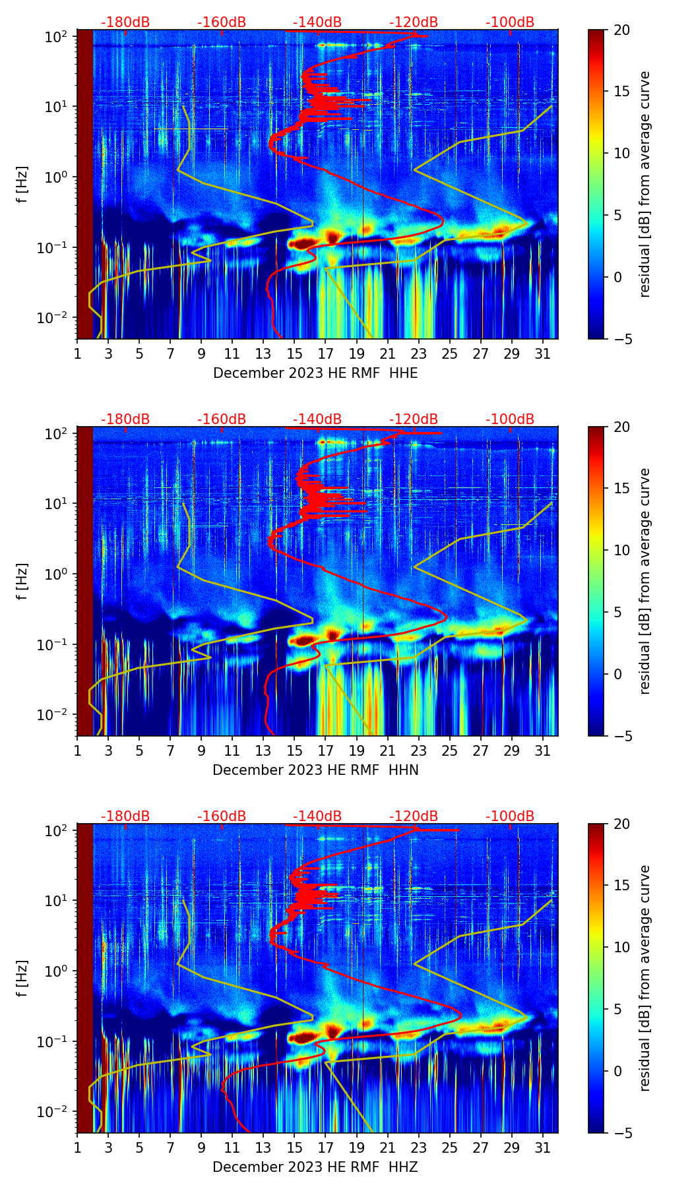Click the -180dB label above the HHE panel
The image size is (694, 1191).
pos(125,22)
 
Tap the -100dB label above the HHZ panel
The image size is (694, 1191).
pos(510,816)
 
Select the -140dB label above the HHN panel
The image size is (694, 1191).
pos(317,419)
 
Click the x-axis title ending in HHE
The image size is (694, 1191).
pos(315,373)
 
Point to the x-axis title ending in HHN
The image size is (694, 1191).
pos(315,770)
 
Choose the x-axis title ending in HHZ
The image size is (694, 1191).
pos(315,1167)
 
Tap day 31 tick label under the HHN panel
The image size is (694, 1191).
pos(543,751)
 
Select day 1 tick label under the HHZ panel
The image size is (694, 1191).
pos(77,1148)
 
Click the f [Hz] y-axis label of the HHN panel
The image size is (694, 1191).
pos(22,581)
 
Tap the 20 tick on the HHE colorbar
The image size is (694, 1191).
pos(622,30)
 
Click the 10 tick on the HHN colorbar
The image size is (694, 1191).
pos(622,550)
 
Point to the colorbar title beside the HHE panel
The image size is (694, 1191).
pos(645,184)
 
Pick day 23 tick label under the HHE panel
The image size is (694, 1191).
pos(418,354)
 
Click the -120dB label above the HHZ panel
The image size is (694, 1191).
pos(414,816)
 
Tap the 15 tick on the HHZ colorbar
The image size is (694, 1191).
pos(622,885)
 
